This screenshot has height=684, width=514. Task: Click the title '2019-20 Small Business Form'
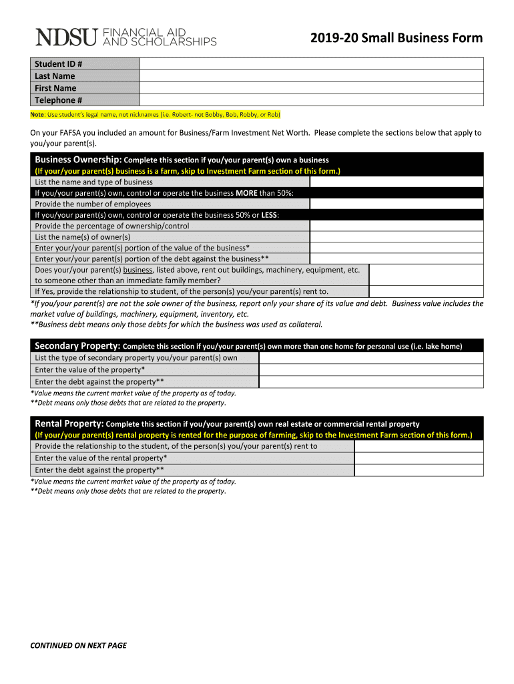coord(396,38)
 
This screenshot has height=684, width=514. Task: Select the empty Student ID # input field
coord(311,64)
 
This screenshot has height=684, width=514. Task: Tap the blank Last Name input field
coord(311,76)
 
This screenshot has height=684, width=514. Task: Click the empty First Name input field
coord(311,88)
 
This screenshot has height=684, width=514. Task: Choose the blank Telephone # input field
coord(311,100)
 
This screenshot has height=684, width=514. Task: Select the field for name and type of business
coord(396,182)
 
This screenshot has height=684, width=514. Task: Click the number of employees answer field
coord(396,204)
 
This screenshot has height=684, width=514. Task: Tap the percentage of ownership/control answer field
coord(396,226)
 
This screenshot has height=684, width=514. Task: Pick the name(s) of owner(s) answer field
coord(396,236)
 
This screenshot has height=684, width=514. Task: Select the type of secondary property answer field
coord(370,357)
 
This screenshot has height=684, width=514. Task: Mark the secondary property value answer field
coord(370,369)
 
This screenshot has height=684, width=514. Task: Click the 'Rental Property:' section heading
coord(69,423)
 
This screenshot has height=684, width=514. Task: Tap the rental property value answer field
coord(419,458)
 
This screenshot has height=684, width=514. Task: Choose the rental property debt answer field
coord(419,470)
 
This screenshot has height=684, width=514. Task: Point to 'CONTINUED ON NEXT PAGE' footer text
coord(79,645)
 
